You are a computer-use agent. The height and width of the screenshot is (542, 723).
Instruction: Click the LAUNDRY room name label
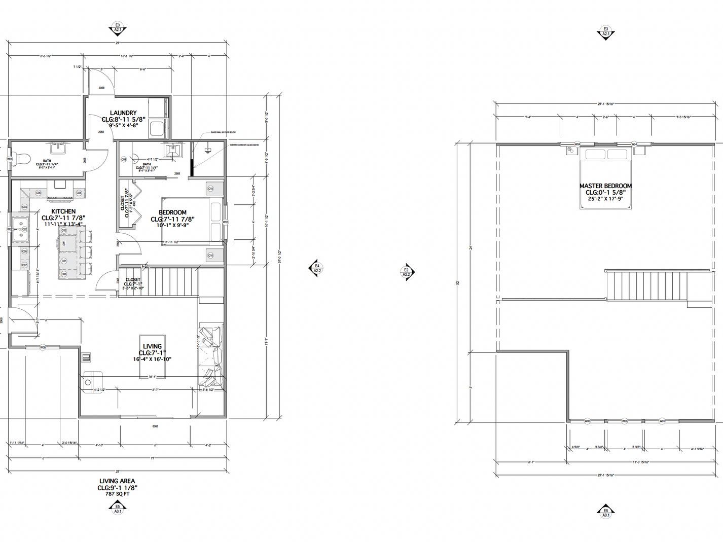point(123,113)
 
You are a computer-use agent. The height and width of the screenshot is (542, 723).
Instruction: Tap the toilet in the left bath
point(21,159)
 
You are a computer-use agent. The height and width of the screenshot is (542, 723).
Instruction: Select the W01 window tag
point(662,421)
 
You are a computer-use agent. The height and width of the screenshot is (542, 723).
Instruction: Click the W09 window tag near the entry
point(43,347)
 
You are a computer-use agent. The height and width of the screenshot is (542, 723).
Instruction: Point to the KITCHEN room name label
point(63,211)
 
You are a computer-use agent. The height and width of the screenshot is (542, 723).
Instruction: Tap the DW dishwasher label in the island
point(64,243)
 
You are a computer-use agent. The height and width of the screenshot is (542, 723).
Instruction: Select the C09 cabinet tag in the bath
point(124,159)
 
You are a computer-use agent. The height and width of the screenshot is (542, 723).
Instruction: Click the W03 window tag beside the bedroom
point(226,222)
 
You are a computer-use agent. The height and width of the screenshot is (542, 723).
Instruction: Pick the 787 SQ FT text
point(117,494)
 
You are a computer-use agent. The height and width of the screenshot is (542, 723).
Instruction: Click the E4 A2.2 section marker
point(317,268)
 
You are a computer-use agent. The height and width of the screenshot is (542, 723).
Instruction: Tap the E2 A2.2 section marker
point(407,272)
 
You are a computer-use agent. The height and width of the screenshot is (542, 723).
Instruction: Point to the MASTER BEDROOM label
point(605,186)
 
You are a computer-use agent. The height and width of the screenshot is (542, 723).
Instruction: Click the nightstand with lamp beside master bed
point(569,151)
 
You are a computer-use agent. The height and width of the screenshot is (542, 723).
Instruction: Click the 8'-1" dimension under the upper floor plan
point(531,462)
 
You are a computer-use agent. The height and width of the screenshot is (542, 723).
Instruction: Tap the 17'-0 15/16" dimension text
point(641,462)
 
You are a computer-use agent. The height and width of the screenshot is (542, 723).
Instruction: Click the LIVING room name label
point(152,346)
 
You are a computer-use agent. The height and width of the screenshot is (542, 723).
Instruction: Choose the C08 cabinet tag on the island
point(64,274)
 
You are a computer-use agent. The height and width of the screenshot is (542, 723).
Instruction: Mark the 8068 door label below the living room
point(155,426)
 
